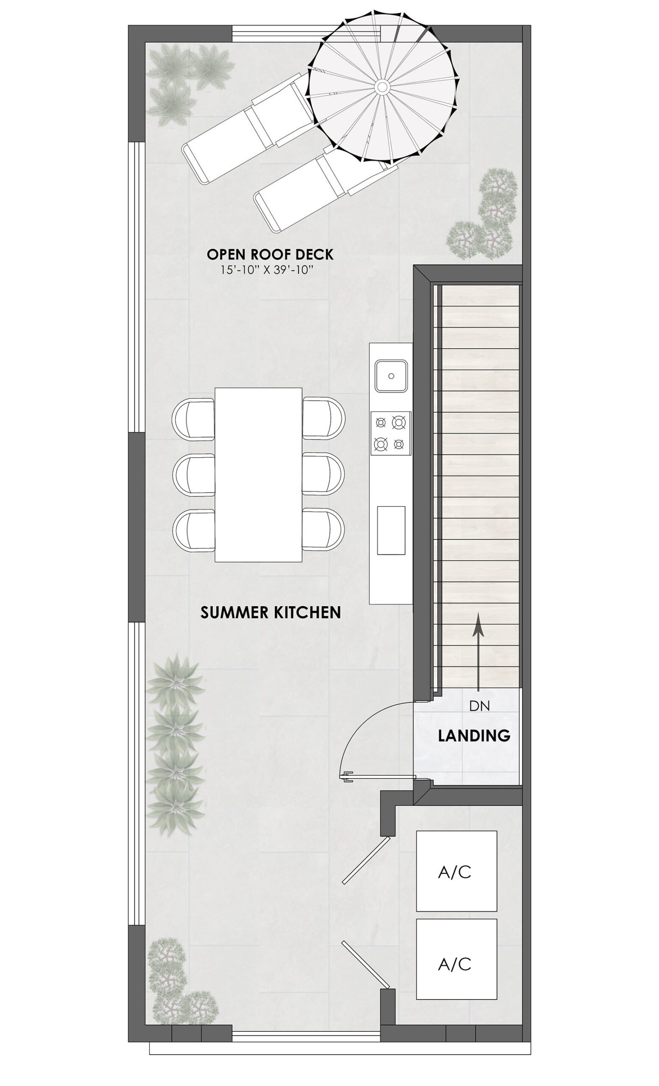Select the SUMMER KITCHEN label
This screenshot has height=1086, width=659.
(271, 613)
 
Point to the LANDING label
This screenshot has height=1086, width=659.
(474, 736)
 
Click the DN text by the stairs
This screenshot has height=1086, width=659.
(479, 706)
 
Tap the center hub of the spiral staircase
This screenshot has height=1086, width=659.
(382, 87)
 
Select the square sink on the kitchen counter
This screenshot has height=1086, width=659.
(391, 376)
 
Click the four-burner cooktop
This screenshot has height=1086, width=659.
(391, 433)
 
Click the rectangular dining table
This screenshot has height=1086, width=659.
(259, 475)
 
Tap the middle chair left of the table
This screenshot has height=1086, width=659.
(194, 475)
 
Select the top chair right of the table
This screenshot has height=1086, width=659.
(323, 418)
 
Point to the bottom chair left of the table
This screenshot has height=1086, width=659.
(194, 530)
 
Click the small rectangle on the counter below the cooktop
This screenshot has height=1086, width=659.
(391, 530)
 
